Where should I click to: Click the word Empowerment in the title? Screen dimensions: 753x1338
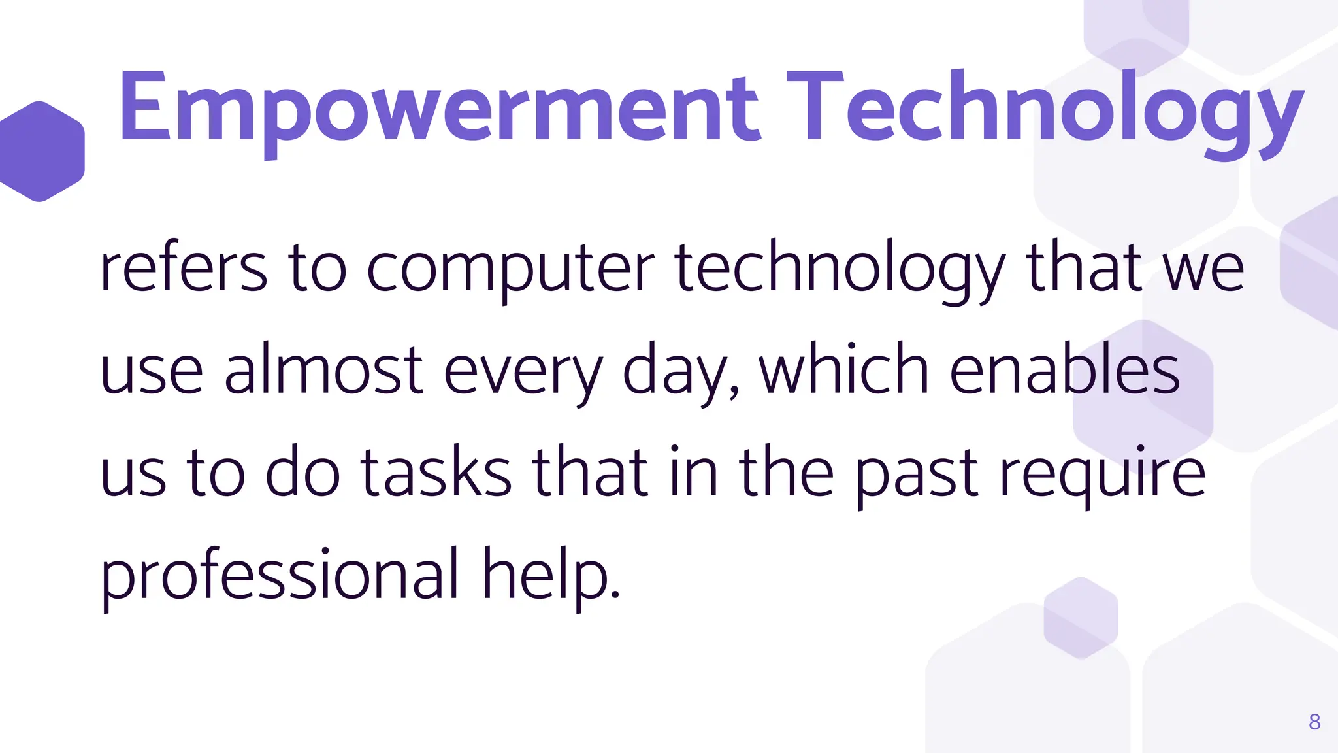[x=438, y=109]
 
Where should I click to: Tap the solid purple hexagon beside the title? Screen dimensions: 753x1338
[x=41, y=151]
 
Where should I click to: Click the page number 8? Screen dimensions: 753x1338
[x=1314, y=722]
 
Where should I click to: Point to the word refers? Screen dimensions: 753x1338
[x=184, y=268]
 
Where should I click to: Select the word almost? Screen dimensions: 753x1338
[x=324, y=370]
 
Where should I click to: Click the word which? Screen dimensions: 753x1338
[x=843, y=370]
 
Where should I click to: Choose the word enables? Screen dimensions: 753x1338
[x=1064, y=370]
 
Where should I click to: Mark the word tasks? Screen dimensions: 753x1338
[x=436, y=472]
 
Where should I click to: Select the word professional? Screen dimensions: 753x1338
[x=280, y=575]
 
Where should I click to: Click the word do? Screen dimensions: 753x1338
[x=302, y=472]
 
